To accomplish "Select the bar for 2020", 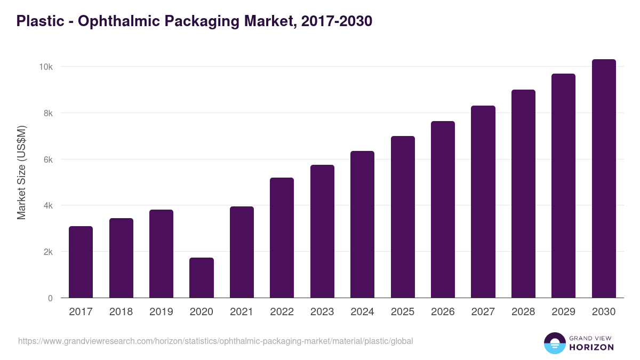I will [x=202, y=278].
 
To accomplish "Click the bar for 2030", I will [x=604, y=179].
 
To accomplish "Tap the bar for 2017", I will [x=81, y=262].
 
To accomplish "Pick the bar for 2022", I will [x=282, y=238].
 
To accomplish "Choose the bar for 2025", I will [x=403, y=217].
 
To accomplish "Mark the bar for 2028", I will [x=523, y=194].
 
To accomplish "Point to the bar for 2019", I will [x=161, y=254].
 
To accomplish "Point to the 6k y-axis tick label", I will [x=47, y=159].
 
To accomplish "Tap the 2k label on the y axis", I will [x=47, y=252].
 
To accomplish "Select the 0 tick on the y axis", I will [x=50, y=298].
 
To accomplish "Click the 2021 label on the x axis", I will [x=242, y=312].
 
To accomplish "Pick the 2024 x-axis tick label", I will [x=362, y=312].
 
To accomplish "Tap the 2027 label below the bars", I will [x=483, y=312].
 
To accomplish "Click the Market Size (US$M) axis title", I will [x=21, y=172].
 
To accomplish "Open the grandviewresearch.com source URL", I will [x=215, y=341].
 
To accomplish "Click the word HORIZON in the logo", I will [x=591, y=347].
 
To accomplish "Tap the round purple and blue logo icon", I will [x=555, y=343].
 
